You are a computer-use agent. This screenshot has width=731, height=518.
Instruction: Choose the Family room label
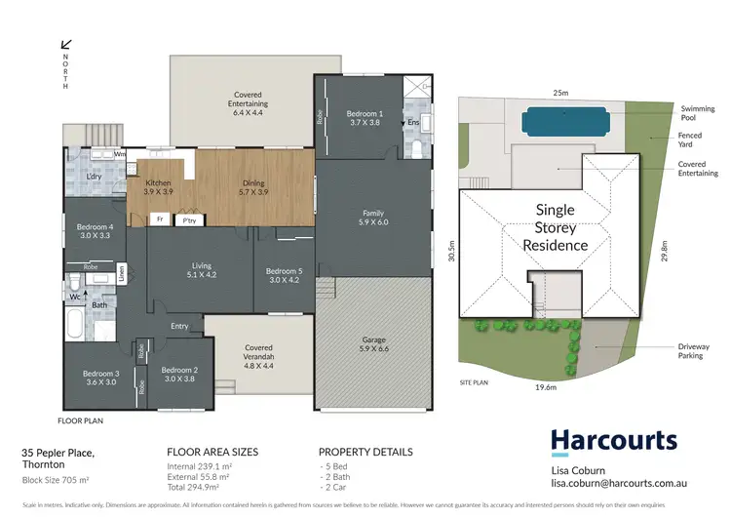(x=373, y=218)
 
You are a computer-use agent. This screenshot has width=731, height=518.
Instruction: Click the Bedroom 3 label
(x=102, y=379)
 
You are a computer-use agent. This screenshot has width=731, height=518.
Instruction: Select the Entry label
(x=179, y=326)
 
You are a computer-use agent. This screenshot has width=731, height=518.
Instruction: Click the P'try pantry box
(x=189, y=220)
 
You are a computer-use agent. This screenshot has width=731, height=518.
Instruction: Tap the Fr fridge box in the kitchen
(x=159, y=220)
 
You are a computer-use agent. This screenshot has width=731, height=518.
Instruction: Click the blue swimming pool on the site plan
(x=566, y=123)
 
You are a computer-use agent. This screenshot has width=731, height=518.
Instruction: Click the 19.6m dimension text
(x=544, y=387)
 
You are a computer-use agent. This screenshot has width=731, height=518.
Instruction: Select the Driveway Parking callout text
(x=694, y=351)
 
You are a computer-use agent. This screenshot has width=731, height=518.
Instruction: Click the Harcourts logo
(x=613, y=441)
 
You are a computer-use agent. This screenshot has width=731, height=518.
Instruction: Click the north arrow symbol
(x=66, y=44)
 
